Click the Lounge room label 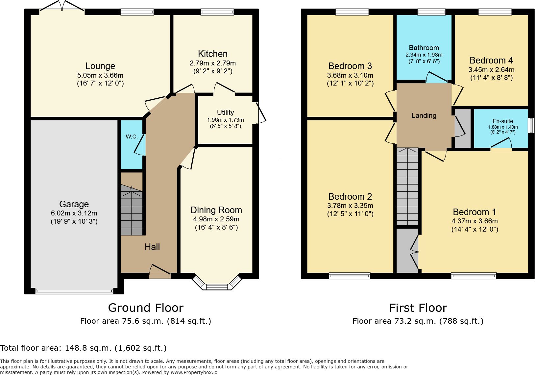pyautogui.click(x=100, y=66)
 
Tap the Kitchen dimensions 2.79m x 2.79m pyautogui.click(x=212, y=63)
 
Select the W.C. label pyautogui.click(x=132, y=137)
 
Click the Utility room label pyautogui.click(x=225, y=112)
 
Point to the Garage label pyautogui.click(x=74, y=204)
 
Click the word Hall pyautogui.click(x=152, y=247)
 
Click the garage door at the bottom pyautogui.click(x=74, y=291)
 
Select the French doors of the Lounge pyautogui.click(x=62, y=6)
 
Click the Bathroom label pyautogui.click(x=424, y=48)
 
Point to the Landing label pyautogui.click(x=424, y=115)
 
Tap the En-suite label pyautogui.click(x=503, y=121)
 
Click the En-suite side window pyautogui.click(x=531, y=125)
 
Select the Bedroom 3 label pyautogui.click(x=350, y=66)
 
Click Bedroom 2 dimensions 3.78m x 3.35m pyautogui.click(x=350, y=205)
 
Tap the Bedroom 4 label pyautogui.click(x=491, y=61)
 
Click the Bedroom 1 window pyautogui.click(x=474, y=276)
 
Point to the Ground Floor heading pyautogui.click(x=146, y=308)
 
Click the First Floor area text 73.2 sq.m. pyautogui.click(x=418, y=321)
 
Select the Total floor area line pyautogui.click(x=83, y=348)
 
